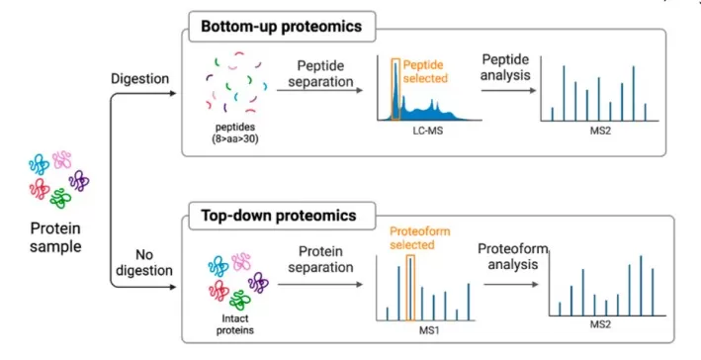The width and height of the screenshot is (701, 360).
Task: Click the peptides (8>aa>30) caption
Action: coord(234,133)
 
